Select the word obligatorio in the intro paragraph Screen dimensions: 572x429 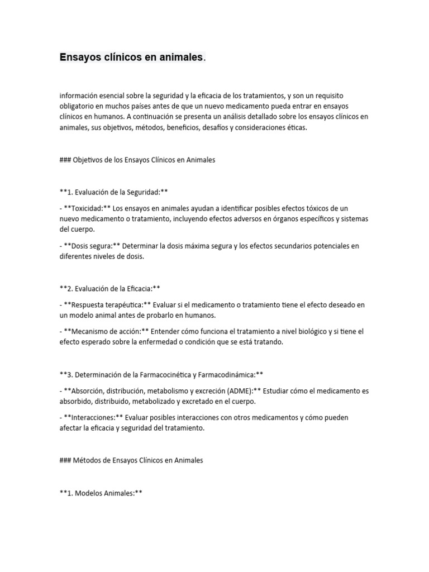point(78,106)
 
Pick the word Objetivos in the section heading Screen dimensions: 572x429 point(92,159)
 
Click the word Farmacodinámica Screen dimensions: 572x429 point(223,374)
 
